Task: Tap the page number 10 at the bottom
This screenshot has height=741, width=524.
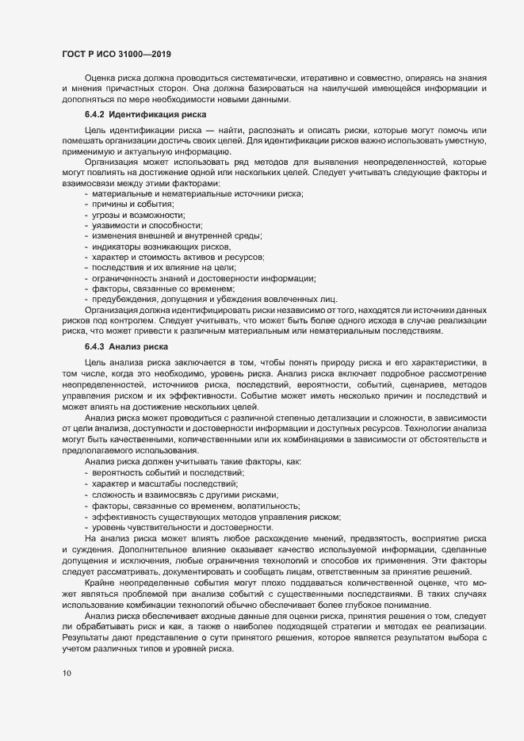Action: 67,674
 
